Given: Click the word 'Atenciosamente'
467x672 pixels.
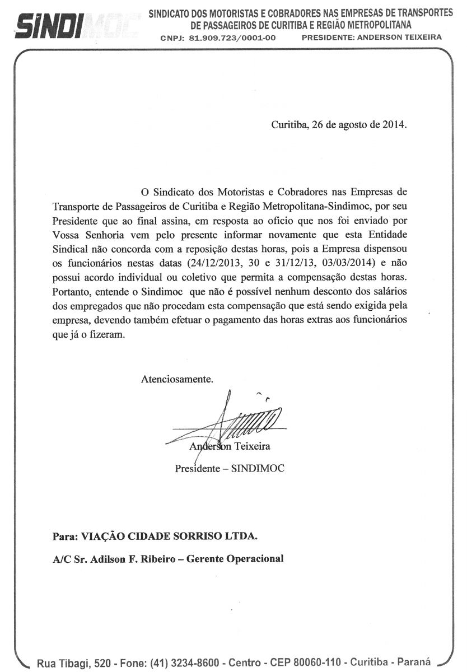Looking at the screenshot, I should pyautogui.click(x=177, y=379).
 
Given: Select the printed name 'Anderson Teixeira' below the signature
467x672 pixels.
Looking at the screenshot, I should pyautogui.click(x=230, y=446).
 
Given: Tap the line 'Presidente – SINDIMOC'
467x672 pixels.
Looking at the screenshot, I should pyautogui.click(x=230, y=468).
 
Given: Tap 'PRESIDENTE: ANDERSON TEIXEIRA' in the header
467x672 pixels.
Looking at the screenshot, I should pyautogui.click(x=371, y=38).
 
